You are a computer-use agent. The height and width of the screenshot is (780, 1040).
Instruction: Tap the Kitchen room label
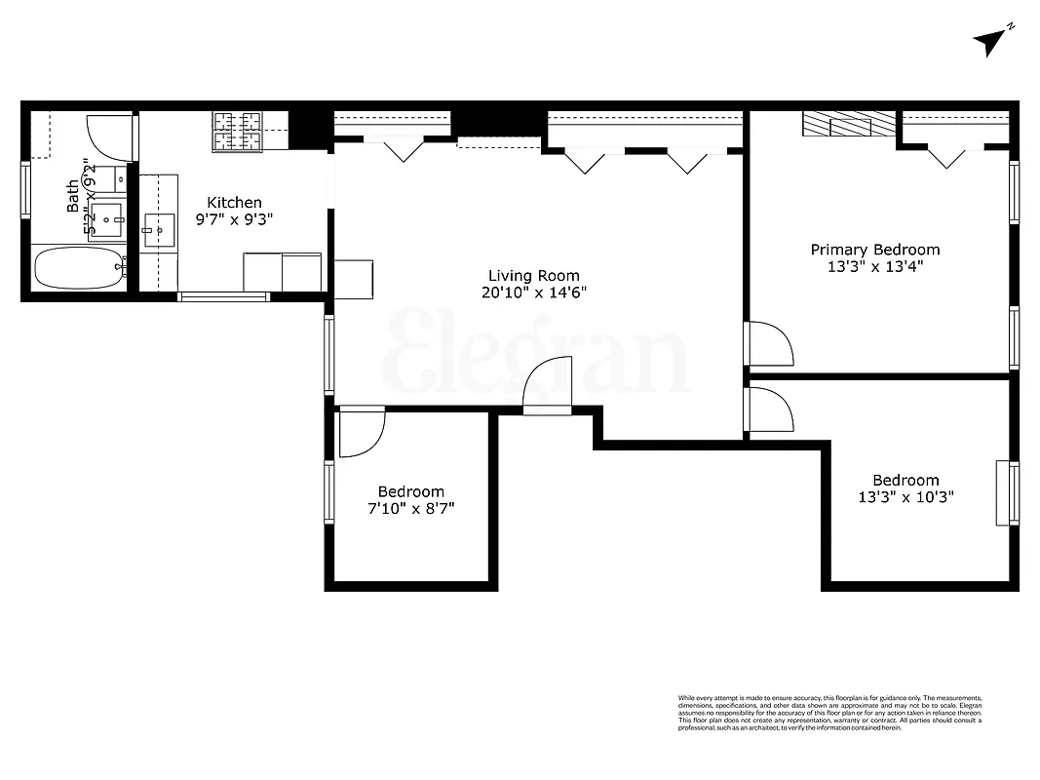234,202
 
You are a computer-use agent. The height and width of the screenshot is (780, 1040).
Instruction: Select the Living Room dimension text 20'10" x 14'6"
533,292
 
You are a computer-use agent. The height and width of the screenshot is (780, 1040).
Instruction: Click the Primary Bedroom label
874,250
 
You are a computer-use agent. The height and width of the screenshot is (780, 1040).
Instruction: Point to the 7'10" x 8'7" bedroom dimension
411,509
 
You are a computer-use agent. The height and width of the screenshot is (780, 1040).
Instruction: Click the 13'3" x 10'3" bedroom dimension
905,497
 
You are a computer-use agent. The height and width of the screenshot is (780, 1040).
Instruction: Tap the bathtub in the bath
79,267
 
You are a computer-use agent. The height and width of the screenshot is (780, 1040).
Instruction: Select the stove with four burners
238,132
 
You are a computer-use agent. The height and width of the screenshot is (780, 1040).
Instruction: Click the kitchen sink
159,231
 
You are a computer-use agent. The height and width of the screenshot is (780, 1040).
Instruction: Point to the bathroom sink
105,221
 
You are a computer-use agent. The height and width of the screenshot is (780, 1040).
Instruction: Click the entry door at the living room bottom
547,388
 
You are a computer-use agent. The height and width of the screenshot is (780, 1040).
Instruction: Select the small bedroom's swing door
361,433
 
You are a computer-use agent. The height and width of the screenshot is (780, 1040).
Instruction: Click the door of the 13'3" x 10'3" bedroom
769,409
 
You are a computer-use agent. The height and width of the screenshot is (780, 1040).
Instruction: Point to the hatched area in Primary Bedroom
847,125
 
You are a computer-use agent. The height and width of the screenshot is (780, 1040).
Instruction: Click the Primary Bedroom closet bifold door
945,154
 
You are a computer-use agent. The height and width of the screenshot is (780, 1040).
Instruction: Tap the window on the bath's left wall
26,188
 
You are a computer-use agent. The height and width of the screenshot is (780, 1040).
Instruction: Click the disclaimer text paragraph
829,713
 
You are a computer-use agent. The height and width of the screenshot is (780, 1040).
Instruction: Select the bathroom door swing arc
109,137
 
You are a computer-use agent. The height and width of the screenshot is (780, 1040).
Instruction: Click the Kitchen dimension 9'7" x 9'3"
234,220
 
